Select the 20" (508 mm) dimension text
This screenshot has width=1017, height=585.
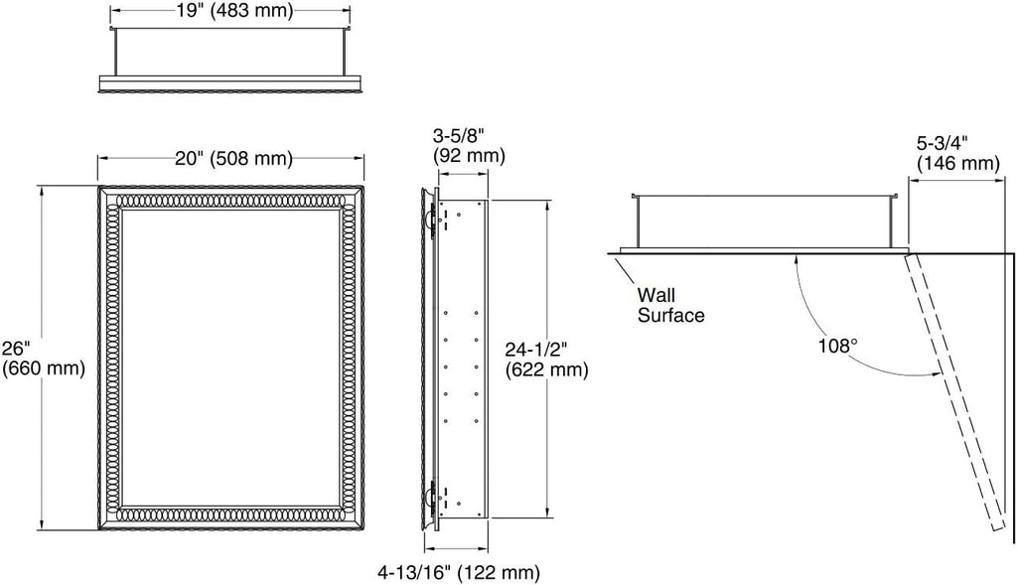(233, 158)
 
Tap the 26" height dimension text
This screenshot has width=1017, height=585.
(17, 349)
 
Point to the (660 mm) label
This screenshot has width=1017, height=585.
(44, 368)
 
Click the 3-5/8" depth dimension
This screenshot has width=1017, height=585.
(459, 135)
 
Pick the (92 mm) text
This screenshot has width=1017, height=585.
(469, 156)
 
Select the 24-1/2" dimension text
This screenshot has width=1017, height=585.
(536, 350)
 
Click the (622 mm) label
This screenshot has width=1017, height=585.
(547, 370)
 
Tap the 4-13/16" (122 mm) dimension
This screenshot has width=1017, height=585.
(459, 572)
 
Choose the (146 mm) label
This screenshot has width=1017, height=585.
(957, 162)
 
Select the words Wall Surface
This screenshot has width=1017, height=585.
(670, 305)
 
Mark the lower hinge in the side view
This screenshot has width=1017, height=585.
(429, 496)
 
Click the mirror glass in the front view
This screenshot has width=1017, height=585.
(230, 357)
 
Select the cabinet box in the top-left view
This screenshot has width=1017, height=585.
(230, 52)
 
